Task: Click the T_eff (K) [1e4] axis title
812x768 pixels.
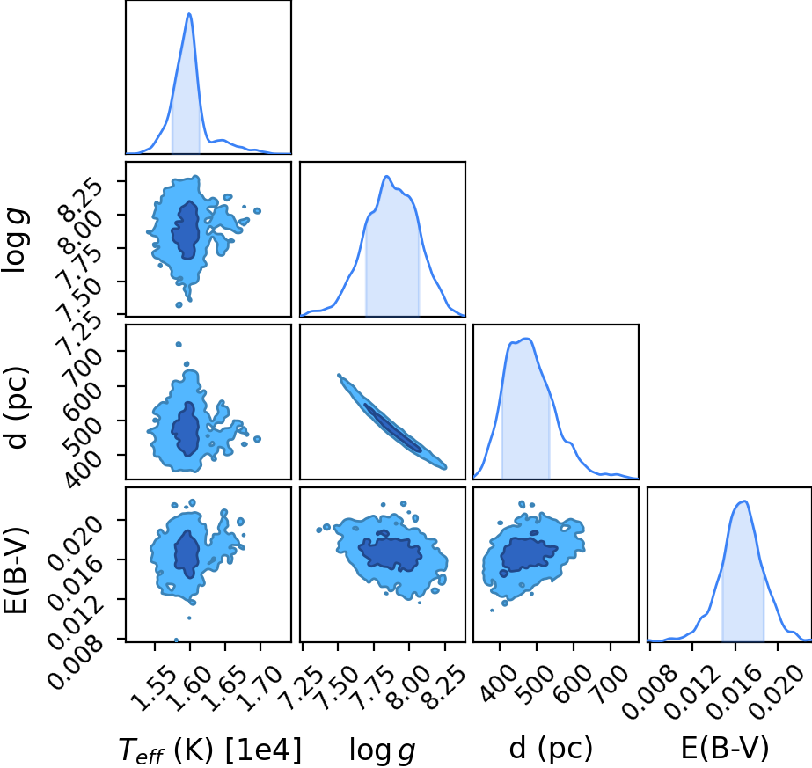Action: point(209,750)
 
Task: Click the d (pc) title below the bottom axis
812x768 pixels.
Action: point(551,749)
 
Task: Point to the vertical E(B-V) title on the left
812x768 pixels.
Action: point(16,570)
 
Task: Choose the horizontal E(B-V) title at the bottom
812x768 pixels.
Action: point(725,748)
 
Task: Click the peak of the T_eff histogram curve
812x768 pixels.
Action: point(189,13)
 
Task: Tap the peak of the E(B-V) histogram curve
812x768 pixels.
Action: point(744,501)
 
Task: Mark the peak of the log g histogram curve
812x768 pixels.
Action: point(386,176)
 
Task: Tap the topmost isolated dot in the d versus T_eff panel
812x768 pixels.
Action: point(179,344)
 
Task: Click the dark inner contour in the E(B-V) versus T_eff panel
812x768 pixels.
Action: point(187,553)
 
